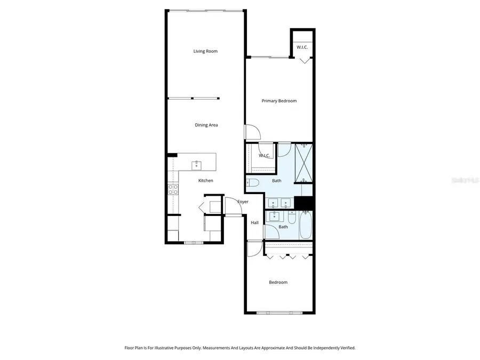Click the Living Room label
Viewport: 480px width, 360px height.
(x=205, y=51)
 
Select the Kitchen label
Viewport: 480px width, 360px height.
(x=205, y=180)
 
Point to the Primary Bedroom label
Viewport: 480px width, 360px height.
(x=278, y=101)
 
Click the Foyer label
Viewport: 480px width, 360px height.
(x=243, y=202)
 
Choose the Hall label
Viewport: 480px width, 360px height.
(x=254, y=222)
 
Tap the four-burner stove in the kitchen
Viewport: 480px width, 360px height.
(x=173, y=189)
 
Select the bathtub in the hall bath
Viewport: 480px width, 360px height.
(x=305, y=225)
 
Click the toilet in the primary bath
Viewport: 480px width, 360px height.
(x=253, y=183)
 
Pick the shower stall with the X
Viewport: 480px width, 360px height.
(x=303, y=163)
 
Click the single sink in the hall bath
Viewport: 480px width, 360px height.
(x=275, y=216)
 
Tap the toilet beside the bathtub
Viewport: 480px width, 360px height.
(x=292, y=218)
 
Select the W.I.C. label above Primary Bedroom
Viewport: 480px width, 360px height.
(x=302, y=47)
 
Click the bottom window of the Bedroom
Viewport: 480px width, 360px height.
(x=278, y=313)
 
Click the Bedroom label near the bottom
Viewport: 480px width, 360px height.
(x=278, y=282)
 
